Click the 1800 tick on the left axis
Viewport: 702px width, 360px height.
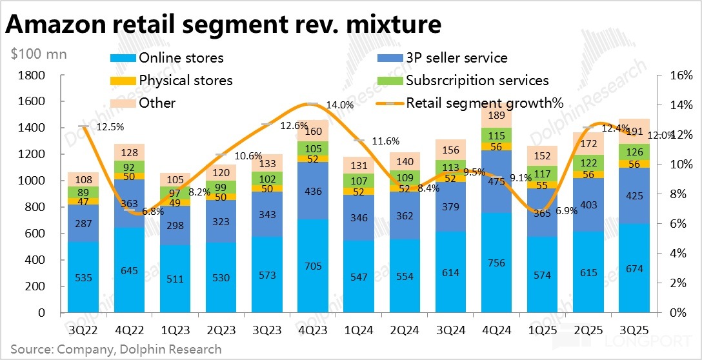(31, 75)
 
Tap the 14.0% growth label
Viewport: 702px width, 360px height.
(339, 105)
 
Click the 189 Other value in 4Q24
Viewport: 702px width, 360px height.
(496, 115)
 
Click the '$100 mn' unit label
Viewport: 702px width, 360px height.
(39, 54)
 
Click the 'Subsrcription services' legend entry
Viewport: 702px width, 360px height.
(477, 81)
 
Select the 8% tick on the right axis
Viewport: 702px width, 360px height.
(677, 194)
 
